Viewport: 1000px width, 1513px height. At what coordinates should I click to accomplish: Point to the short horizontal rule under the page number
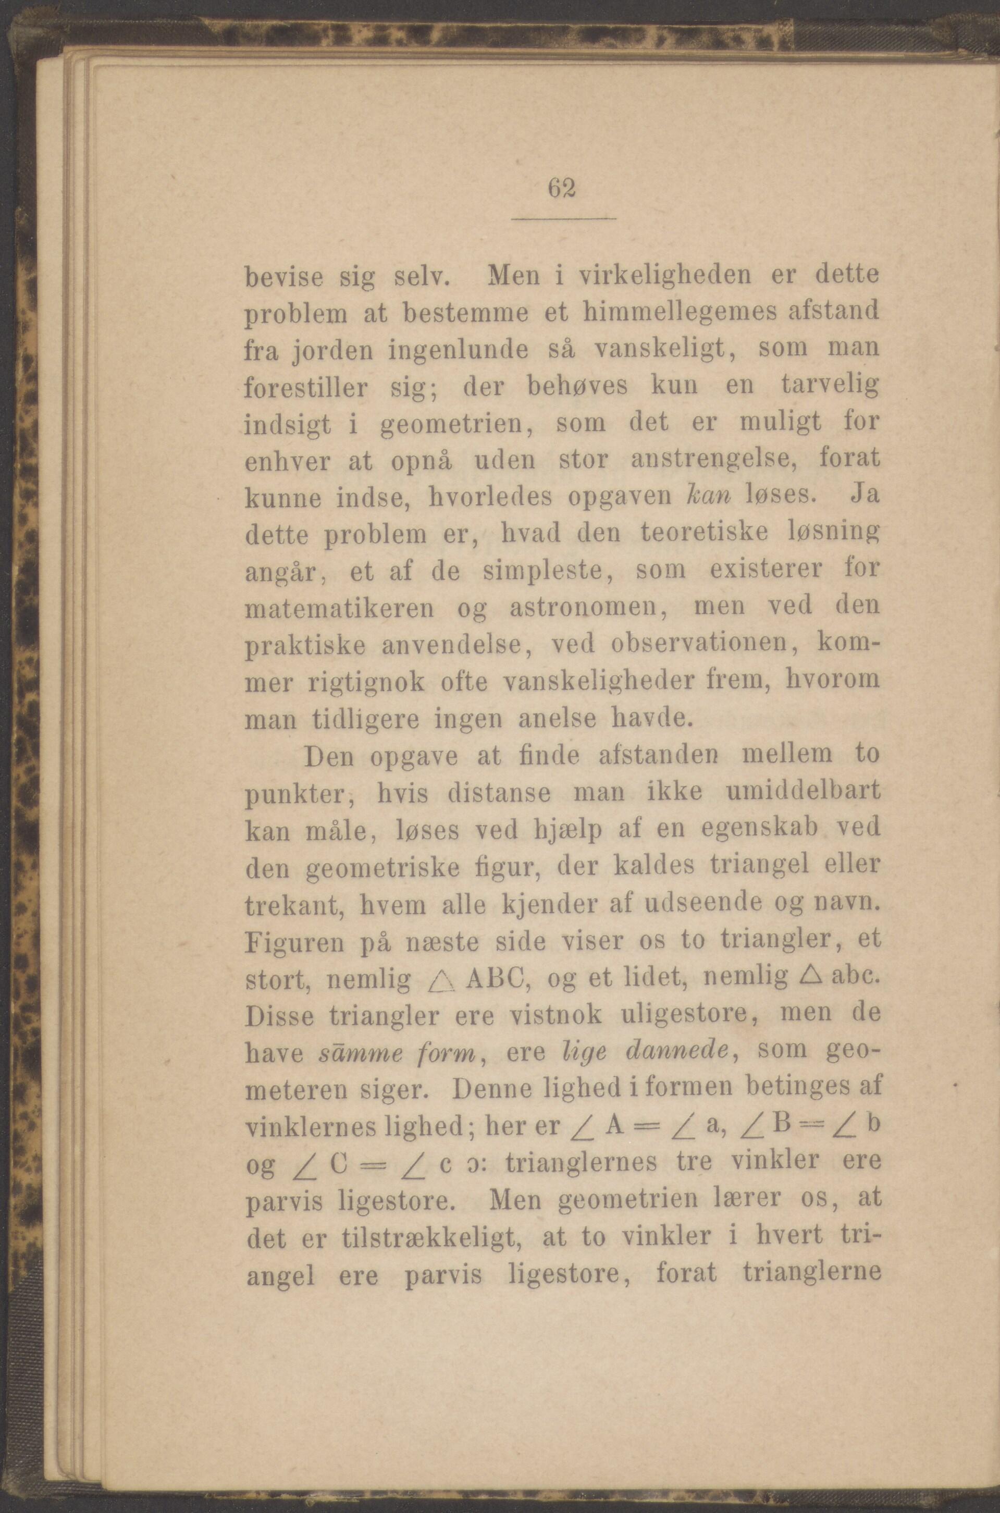coord(564,219)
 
